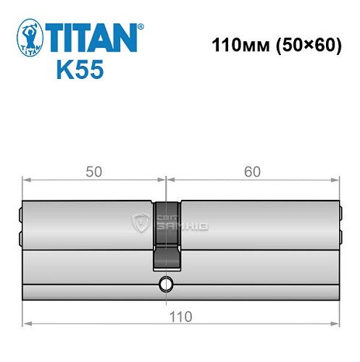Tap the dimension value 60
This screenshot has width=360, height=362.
tap(252, 172)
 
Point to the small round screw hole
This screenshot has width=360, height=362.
tap(166, 284)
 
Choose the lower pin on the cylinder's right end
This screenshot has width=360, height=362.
tap(340, 237)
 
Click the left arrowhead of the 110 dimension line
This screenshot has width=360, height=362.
tap(27, 324)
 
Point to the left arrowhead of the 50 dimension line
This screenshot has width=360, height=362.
tap(27, 179)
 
